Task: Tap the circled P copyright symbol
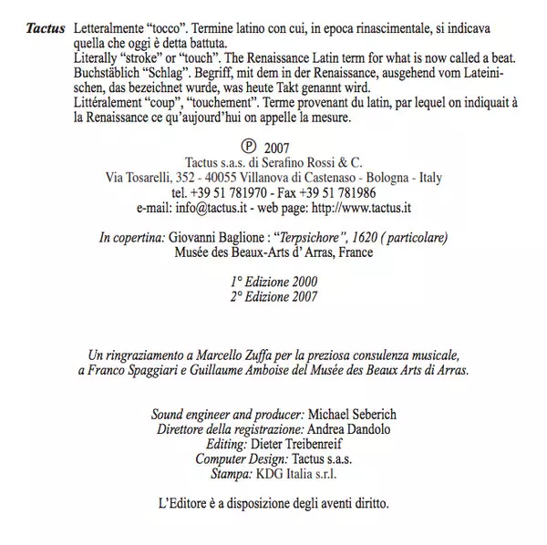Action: pos(246,145)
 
